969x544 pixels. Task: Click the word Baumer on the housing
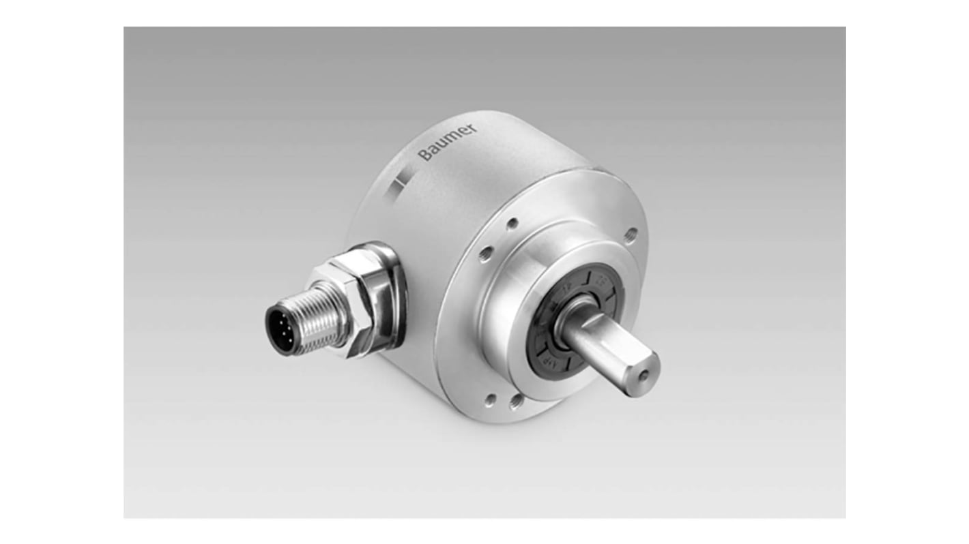[446, 142]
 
